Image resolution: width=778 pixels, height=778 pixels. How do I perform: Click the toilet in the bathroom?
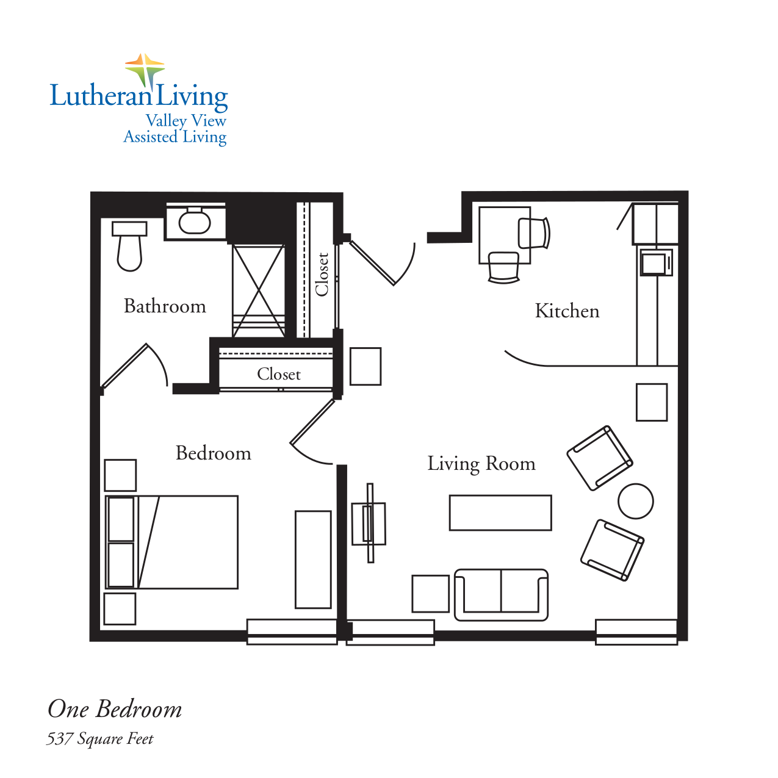click(x=129, y=247)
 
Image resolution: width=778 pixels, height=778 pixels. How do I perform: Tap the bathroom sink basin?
click(x=195, y=222)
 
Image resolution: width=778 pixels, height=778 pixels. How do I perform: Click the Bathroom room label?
click(x=165, y=306)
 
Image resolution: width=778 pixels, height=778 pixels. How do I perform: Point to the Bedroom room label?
click(x=213, y=453)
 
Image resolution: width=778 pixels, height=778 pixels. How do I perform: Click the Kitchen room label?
click(x=567, y=311)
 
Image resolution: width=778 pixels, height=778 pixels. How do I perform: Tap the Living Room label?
click(x=481, y=464)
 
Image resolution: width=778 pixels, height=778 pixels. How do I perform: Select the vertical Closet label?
click(x=322, y=275)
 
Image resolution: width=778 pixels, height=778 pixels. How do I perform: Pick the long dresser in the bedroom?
click(x=313, y=560)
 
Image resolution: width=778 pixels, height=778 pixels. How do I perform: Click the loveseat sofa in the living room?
click(x=501, y=595)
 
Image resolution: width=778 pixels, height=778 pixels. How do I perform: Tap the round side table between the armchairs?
click(x=635, y=501)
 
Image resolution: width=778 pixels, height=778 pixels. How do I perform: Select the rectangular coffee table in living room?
click(x=500, y=513)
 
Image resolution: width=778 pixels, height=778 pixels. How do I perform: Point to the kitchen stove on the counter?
click(x=655, y=263)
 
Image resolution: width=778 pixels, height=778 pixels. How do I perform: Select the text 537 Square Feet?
click(x=100, y=739)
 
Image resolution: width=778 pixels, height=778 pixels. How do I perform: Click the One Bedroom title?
click(x=115, y=709)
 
